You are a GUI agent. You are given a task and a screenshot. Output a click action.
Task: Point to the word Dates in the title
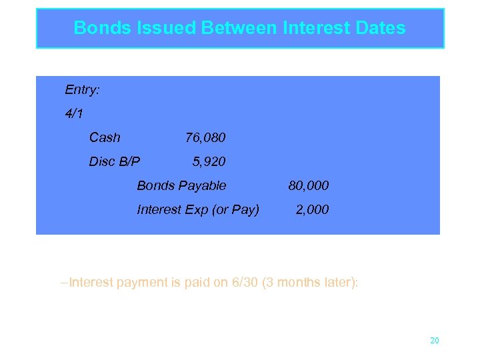[x=380, y=28]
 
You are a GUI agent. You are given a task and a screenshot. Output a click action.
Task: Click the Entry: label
[x=82, y=89]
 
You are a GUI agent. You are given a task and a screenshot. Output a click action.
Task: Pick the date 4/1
[x=74, y=113]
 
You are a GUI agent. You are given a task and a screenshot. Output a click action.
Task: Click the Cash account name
[x=105, y=137]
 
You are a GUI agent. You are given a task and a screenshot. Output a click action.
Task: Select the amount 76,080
[x=205, y=137]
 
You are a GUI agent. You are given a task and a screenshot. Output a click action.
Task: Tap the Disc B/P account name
[x=115, y=161]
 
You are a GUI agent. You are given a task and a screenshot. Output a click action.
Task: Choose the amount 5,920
[x=209, y=161]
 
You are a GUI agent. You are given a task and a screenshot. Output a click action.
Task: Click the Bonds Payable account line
[x=181, y=185]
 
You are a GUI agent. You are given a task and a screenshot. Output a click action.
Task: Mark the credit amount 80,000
[x=308, y=185]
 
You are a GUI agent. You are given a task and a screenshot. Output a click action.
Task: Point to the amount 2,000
[x=312, y=209]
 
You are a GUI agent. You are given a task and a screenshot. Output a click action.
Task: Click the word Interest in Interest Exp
[x=159, y=209]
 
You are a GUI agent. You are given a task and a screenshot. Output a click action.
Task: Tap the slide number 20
[x=435, y=341]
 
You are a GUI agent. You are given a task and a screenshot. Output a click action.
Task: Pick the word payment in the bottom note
[x=139, y=282]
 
